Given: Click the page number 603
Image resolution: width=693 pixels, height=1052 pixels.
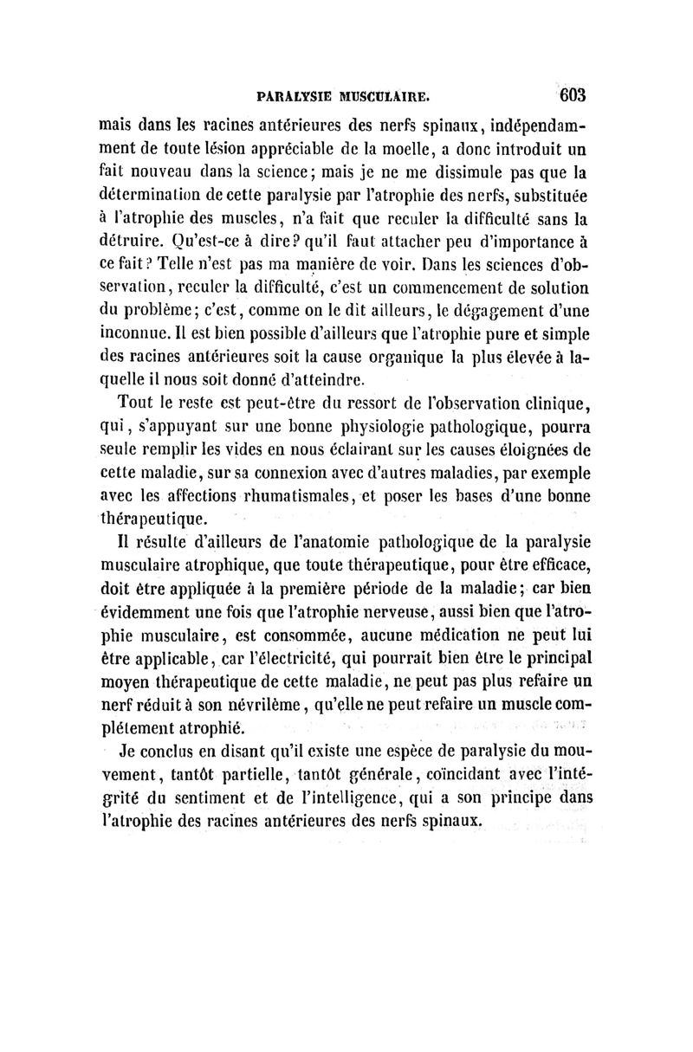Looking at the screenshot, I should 574,94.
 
